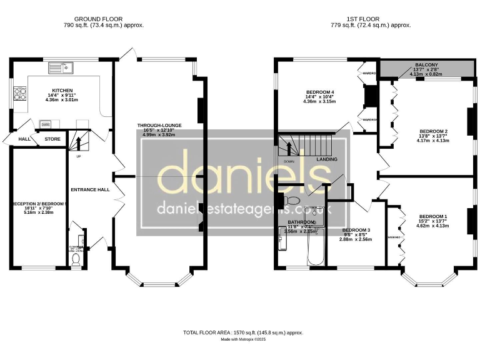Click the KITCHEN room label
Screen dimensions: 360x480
[62, 90]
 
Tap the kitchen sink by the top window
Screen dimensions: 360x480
[65, 64]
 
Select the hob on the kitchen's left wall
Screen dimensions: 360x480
[20, 94]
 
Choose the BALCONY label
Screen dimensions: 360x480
[426, 64]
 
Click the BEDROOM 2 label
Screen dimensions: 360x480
[432, 131]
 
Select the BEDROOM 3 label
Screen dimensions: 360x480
[356, 230]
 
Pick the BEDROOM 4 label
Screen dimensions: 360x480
[319, 92]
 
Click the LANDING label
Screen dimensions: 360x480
[327, 159]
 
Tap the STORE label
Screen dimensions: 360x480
[52, 139]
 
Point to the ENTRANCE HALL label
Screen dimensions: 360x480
[90, 189]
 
